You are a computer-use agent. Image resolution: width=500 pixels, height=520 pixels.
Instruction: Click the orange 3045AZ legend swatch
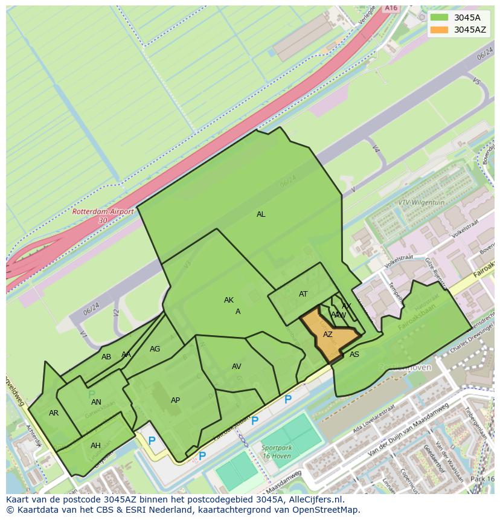coord(440,30)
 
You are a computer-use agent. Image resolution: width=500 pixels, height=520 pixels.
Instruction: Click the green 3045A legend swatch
coord(440,18)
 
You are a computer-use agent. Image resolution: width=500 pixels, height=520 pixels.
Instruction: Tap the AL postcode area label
coord(261,214)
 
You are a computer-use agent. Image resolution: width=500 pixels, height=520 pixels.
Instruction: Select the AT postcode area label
coord(303,294)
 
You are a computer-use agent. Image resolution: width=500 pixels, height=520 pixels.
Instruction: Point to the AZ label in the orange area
coord(328,334)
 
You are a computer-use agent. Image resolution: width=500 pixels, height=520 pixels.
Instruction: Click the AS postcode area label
coord(354,355)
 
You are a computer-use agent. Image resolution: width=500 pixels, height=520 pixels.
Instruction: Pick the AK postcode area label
coord(229,300)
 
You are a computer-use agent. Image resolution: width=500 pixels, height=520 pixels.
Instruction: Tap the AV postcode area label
coord(237,367)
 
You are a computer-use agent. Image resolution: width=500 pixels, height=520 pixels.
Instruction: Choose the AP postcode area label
coord(175,400)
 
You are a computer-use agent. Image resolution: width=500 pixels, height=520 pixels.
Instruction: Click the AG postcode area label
coord(155,349)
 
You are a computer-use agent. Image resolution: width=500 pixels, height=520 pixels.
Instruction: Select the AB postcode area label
coord(106,357)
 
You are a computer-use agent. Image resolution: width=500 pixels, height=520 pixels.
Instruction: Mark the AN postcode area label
coord(96,402)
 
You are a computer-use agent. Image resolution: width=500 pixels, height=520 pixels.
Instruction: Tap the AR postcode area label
coord(54,413)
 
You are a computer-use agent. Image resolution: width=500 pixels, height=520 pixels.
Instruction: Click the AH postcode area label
coord(95,446)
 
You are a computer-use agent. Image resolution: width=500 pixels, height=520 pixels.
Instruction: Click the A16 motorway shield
coord(391,8)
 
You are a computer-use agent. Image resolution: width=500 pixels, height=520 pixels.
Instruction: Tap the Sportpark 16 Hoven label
coord(277,452)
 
